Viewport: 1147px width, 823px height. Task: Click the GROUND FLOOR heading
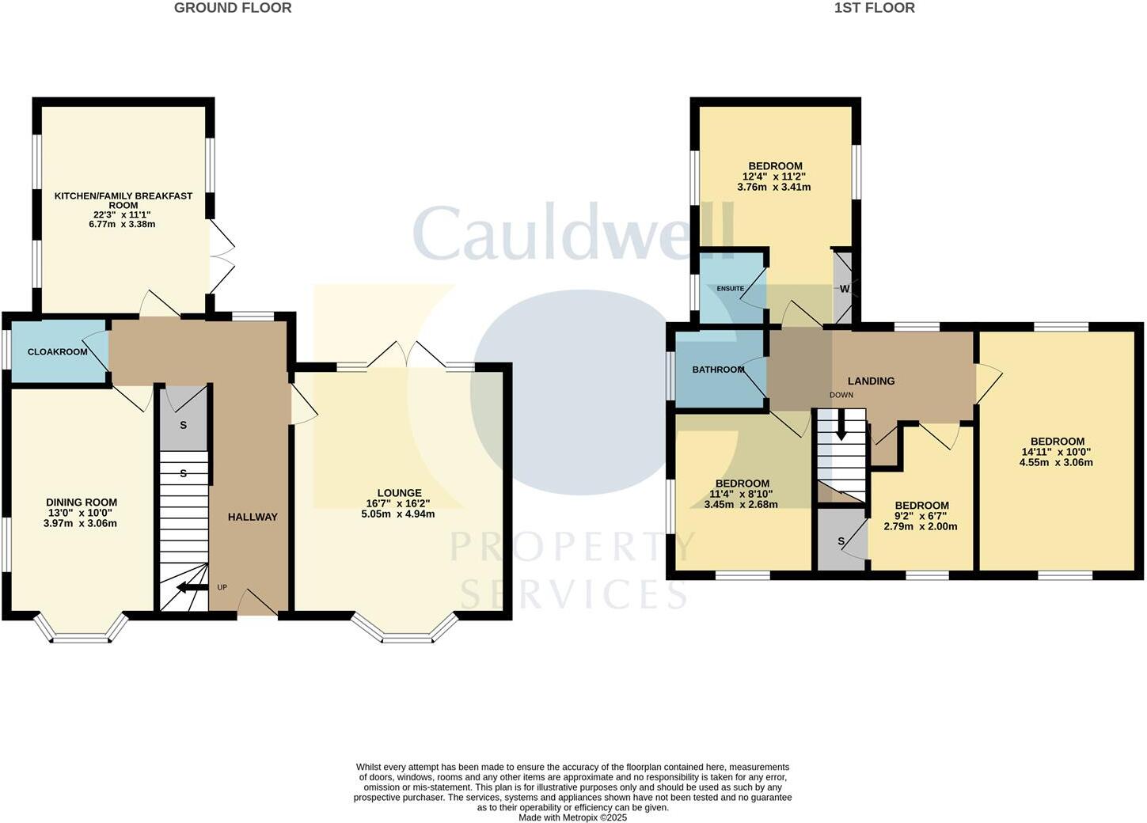233,8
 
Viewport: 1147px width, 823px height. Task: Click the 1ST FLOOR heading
874,8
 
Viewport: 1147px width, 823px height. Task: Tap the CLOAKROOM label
58,351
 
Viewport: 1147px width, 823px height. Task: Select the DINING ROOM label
82,502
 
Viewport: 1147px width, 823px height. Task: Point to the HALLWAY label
253,517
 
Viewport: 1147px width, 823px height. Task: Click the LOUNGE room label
399,492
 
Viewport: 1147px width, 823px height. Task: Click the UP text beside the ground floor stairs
222,587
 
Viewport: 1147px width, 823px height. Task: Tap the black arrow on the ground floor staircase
192,587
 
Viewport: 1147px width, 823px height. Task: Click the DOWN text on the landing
841,394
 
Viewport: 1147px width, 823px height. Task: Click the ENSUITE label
730,288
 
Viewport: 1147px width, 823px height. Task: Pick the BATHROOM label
718,370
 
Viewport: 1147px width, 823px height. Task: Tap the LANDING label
871,381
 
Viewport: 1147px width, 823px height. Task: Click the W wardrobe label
844,289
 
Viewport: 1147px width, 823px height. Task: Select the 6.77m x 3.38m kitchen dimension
123,224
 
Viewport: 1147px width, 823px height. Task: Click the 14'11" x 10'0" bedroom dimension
1057,452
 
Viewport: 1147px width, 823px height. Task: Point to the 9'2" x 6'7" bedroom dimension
921,515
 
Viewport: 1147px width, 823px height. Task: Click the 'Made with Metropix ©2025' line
572,817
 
